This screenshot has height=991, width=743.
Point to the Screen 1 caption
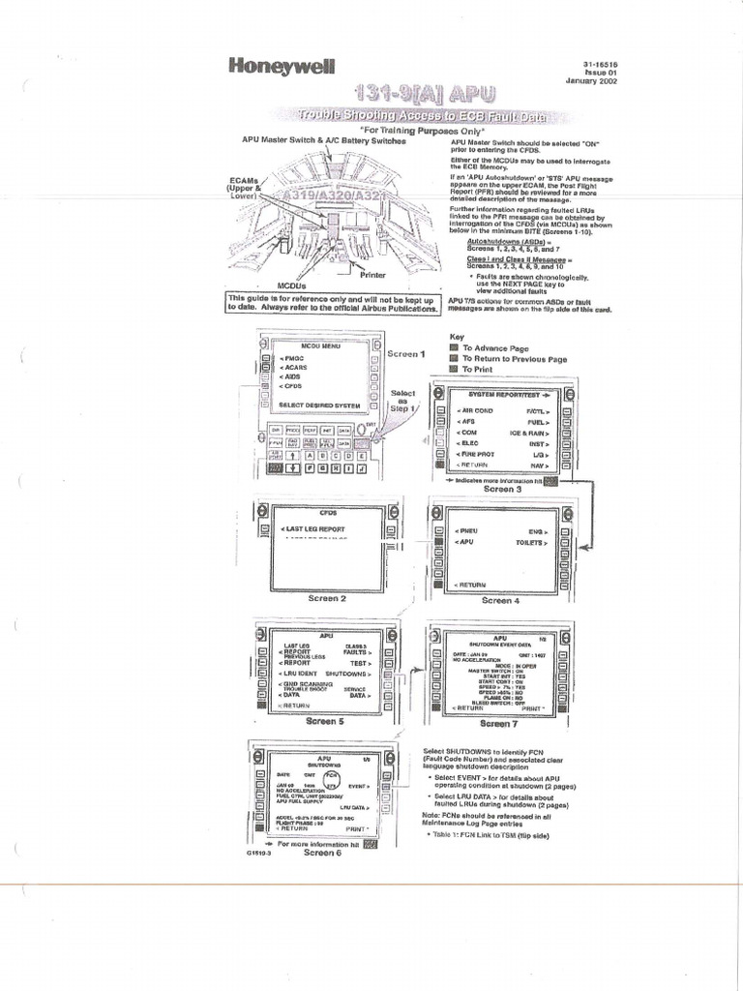pyautogui.click(x=406, y=354)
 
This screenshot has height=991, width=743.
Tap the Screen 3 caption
pyautogui.click(x=498, y=489)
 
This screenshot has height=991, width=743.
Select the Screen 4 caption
pyautogui.click(x=497, y=600)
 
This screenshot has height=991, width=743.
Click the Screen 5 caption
pyautogui.click(x=324, y=721)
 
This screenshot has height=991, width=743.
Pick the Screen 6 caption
pyautogui.click(x=322, y=853)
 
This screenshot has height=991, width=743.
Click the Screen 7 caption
pyautogui.click(x=495, y=723)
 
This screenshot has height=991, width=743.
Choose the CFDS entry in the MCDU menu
pyautogui.click(x=291, y=385)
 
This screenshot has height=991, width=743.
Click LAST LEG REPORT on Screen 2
pyautogui.click(x=312, y=529)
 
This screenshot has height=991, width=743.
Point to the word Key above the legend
pyautogui.click(x=458, y=337)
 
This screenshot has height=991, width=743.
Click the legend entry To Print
pyautogui.click(x=479, y=370)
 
